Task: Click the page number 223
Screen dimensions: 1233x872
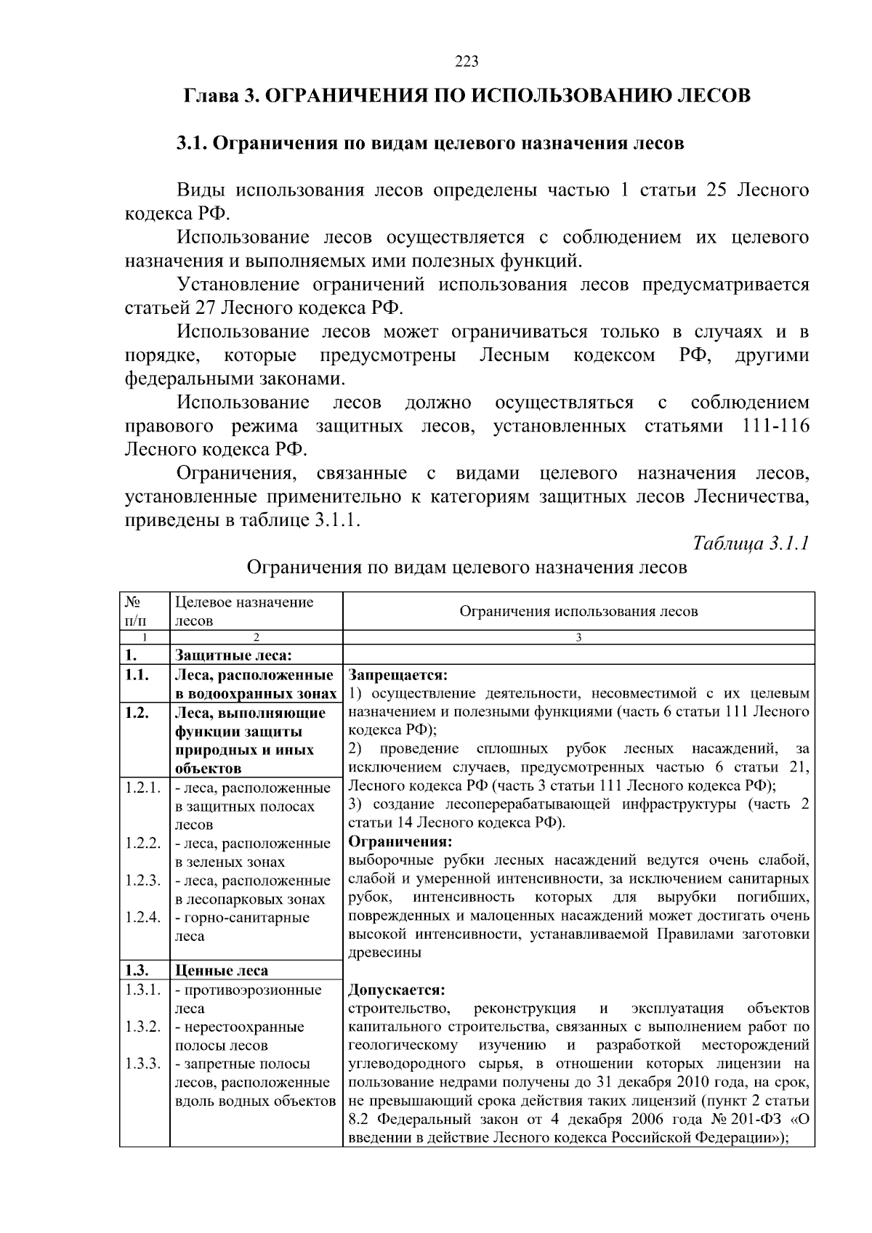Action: pos(467,62)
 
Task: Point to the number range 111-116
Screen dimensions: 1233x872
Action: pos(776,426)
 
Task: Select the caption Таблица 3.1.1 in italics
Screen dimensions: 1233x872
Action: pos(751,543)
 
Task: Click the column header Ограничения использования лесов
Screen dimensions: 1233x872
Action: pos(578,611)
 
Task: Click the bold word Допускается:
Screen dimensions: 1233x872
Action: pos(397,990)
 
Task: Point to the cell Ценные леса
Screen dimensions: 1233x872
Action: pos(221,971)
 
